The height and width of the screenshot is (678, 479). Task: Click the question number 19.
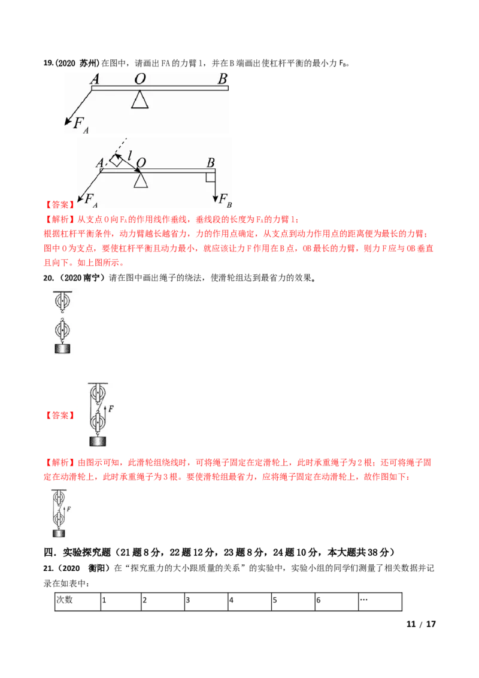[48, 63]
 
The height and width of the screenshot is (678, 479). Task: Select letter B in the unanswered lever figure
[222, 78]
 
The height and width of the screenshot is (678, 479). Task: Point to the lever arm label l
[129, 155]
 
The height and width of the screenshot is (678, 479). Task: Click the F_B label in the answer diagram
[225, 199]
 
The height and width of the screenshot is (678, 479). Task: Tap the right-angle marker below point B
[211, 177]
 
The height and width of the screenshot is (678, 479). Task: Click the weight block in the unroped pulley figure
[62, 348]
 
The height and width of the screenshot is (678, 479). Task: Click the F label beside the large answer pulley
[111, 408]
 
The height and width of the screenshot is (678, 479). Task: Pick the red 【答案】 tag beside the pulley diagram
[60, 416]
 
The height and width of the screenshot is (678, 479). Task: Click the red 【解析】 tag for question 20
[60, 462]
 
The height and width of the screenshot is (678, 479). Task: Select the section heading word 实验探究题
[86, 552]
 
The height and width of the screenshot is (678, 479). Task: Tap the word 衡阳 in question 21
[96, 568]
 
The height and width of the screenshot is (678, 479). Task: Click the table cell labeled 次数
[77, 601]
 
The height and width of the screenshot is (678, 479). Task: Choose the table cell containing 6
[336, 601]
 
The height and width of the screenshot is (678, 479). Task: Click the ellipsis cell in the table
[380, 601]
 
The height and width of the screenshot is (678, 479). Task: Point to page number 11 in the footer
[411, 624]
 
